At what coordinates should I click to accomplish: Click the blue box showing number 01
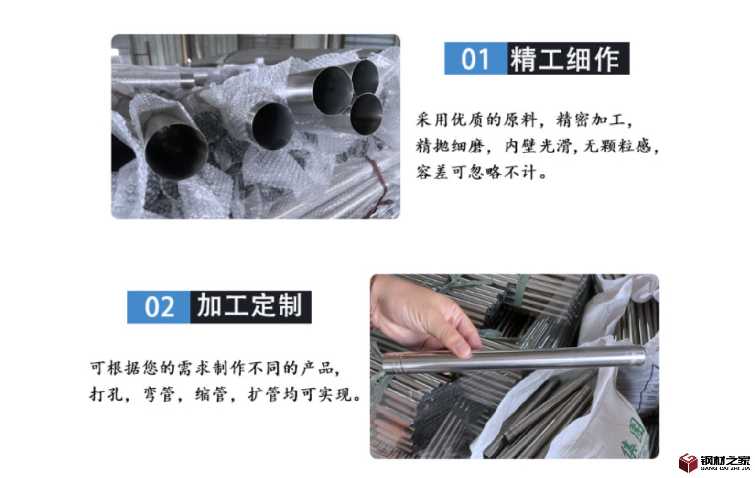tap(475, 58)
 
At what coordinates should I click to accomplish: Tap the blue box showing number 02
tap(159, 307)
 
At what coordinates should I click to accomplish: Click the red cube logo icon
tap(688, 463)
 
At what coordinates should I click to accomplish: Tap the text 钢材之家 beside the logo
tap(725, 460)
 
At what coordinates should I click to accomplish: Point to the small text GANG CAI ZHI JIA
tap(725, 468)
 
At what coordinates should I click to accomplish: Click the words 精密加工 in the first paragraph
tap(590, 120)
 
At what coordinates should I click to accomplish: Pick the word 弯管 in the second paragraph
tap(159, 394)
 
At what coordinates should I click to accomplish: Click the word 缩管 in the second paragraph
tap(212, 394)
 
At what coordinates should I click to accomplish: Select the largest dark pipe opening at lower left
tap(176, 152)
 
